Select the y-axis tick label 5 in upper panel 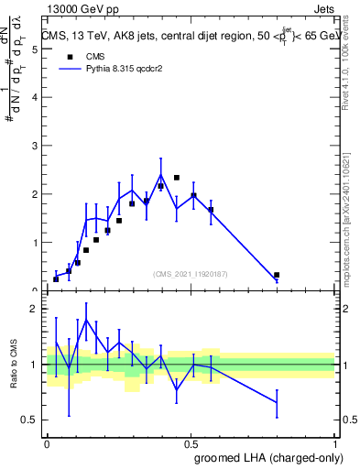tap(35, 50)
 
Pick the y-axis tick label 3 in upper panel tap(35, 147)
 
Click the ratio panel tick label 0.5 tap(31, 420)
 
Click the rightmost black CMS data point tap(277, 275)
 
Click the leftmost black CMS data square tap(56, 279)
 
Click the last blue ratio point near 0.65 tap(277, 402)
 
